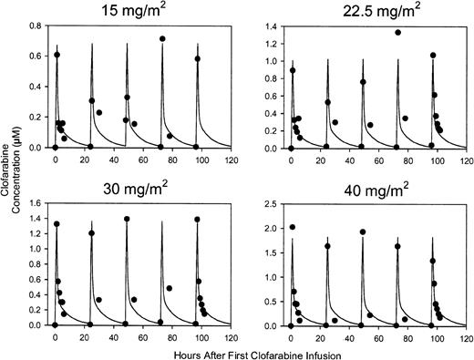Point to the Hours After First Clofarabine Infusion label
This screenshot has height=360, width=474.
246,351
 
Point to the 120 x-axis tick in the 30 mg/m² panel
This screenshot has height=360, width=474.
232,334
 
